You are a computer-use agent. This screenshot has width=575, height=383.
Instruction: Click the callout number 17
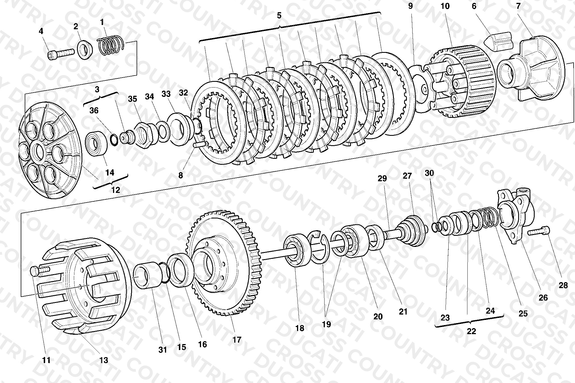[237, 340]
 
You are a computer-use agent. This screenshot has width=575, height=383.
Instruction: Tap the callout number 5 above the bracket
[279, 16]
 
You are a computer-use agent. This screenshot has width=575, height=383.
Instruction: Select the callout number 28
[563, 285]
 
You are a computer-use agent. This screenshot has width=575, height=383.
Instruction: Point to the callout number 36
[94, 110]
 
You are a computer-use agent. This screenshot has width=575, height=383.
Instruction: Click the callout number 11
[46, 360]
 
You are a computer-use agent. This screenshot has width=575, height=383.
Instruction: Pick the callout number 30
[429, 173]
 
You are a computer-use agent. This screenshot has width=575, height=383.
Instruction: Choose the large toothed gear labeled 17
[224, 263]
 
